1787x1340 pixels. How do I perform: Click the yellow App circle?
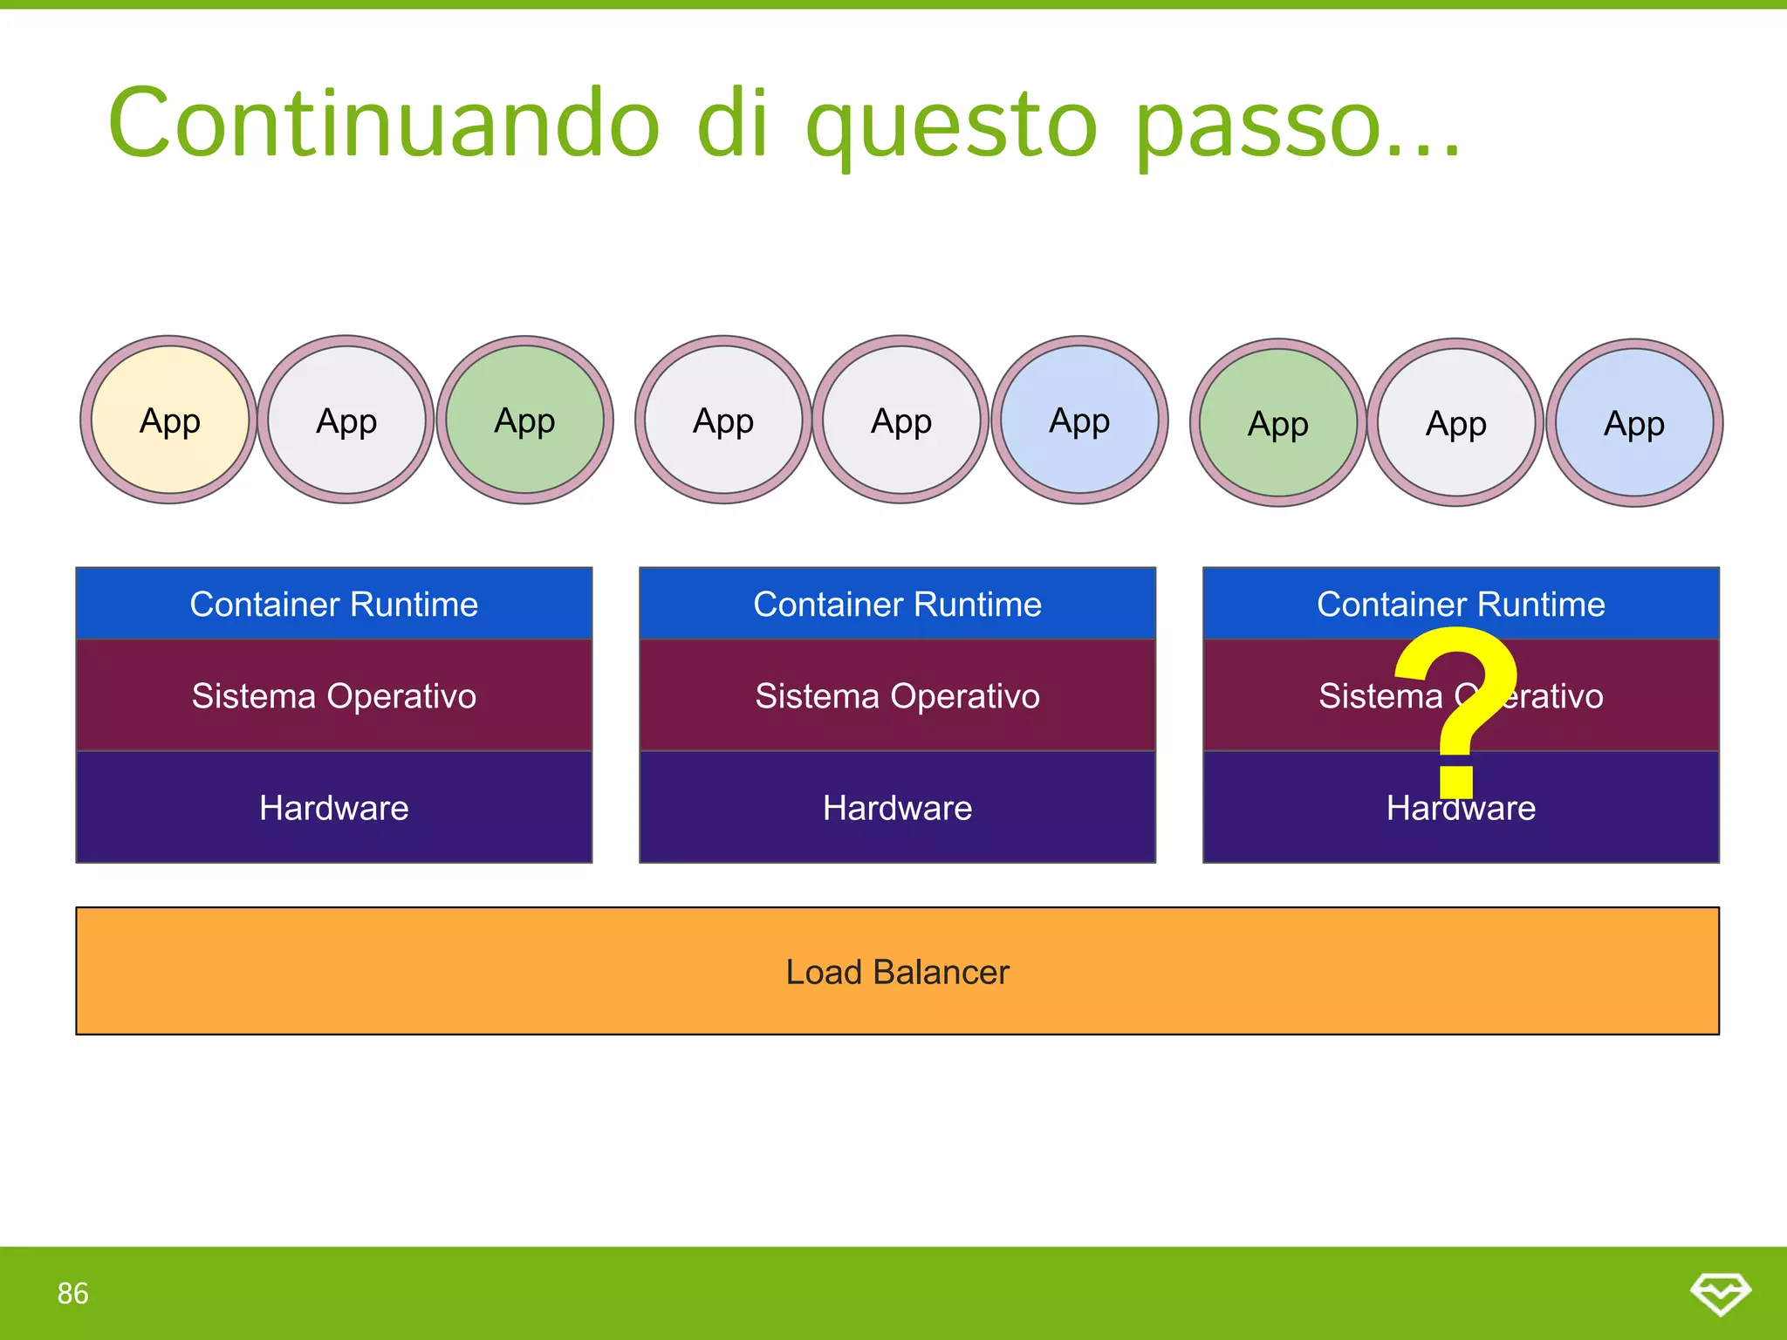click(x=169, y=420)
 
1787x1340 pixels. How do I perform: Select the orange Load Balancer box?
click(x=897, y=971)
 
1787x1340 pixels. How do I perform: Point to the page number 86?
click(x=73, y=1293)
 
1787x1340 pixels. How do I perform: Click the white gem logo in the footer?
click(x=1720, y=1293)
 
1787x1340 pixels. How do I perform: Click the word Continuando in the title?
click(x=384, y=124)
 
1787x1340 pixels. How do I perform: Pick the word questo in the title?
click(x=951, y=124)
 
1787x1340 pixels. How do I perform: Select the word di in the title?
click(x=733, y=124)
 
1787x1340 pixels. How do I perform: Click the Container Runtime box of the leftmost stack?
click(x=333, y=604)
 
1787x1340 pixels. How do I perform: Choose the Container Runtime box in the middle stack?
click(x=897, y=604)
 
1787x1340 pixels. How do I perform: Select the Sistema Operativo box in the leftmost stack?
click(x=333, y=696)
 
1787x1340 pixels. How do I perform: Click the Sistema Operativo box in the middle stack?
click(x=897, y=696)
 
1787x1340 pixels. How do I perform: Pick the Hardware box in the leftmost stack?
click(x=333, y=808)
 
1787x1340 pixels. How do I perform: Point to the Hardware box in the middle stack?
click(x=897, y=808)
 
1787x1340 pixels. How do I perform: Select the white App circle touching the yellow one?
click(x=346, y=420)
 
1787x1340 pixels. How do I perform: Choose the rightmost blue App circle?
click(x=1634, y=423)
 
